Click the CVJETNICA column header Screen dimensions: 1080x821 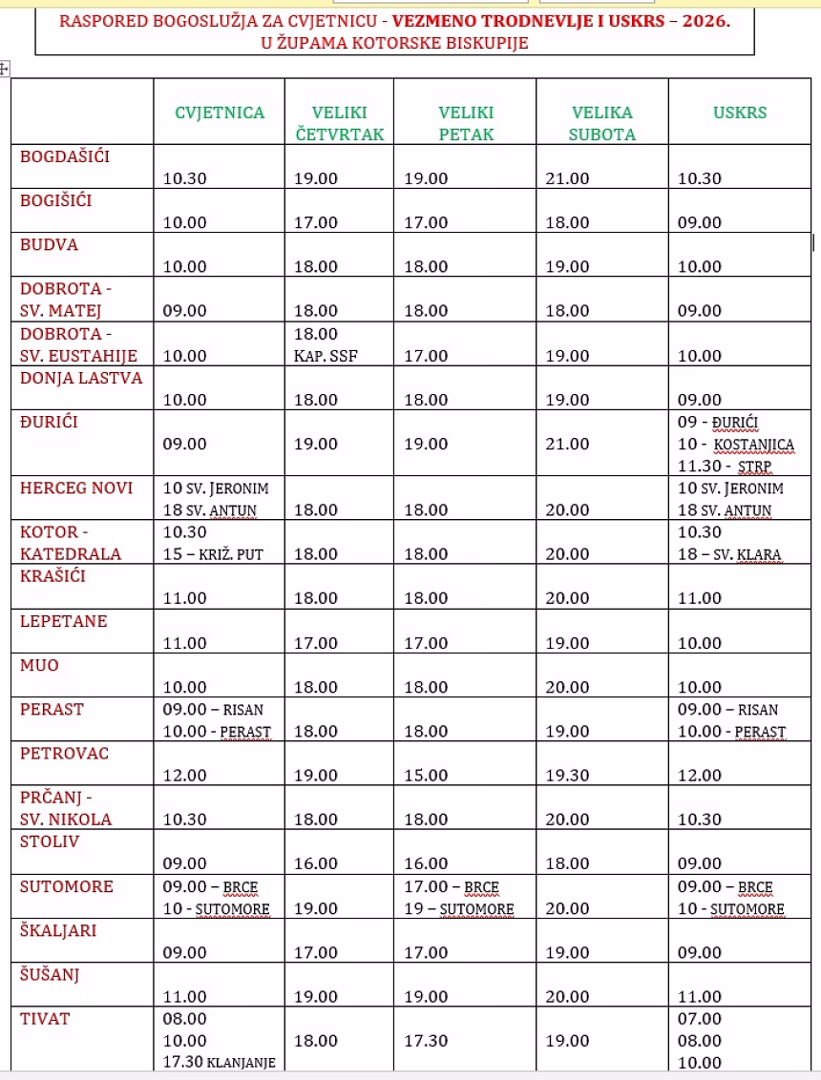tap(220, 113)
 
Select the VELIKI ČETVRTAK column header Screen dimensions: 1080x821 tap(340, 123)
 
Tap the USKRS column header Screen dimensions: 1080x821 tap(740, 113)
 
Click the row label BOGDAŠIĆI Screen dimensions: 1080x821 tap(65, 156)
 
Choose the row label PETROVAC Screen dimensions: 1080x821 tap(65, 753)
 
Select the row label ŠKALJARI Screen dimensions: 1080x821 tap(58, 930)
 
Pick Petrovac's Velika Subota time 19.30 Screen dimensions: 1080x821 tap(567, 775)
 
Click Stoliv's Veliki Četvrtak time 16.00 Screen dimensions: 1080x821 tap(316, 863)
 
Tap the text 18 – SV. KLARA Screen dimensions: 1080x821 tap(729, 554)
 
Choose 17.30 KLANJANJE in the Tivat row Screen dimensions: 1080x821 tap(220, 1063)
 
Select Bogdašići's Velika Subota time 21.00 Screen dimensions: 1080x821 tap(567, 177)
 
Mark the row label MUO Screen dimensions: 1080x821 tap(39, 665)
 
